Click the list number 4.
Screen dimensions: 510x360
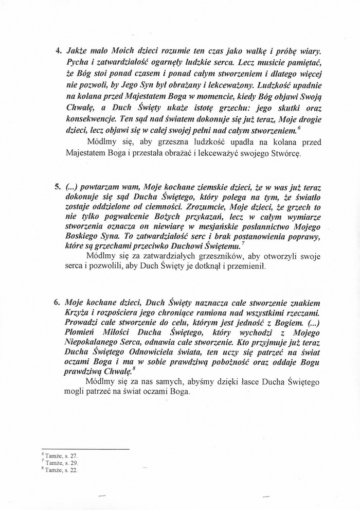pyautogui.click(x=58, y=52)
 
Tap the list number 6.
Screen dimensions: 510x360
pyautogui.click(x=58, y=302)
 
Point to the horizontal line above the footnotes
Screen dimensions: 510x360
pyautogui.click(x=85, y=449)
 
